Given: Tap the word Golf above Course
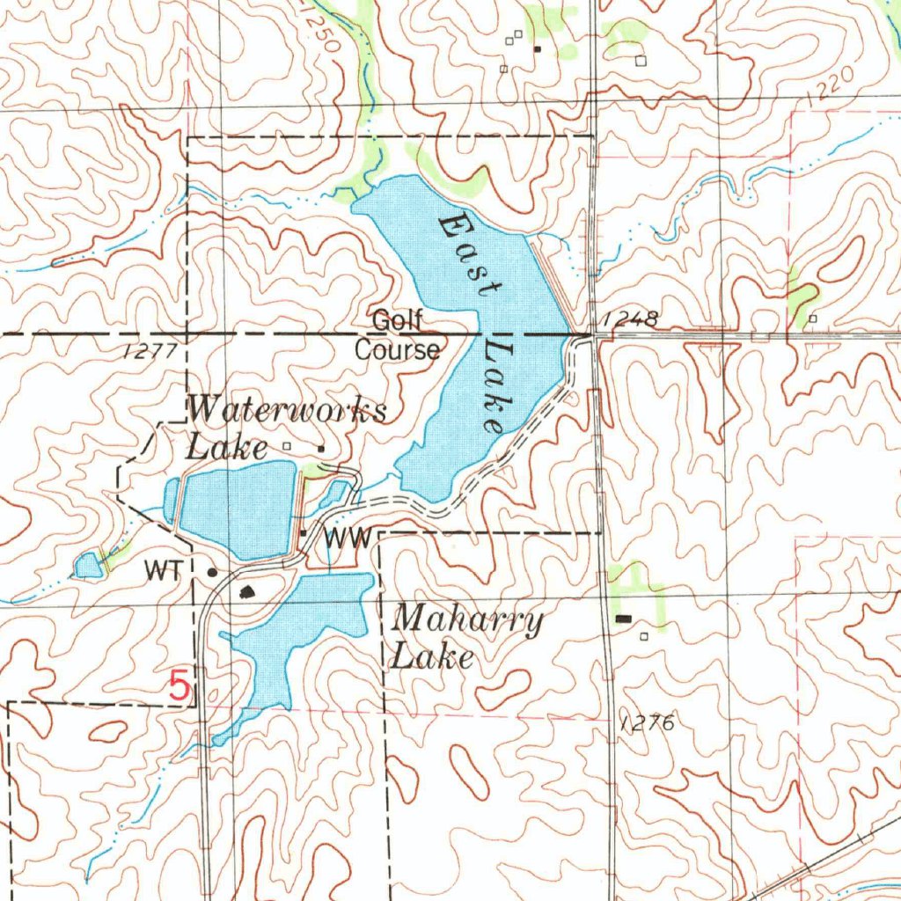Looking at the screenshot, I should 397,321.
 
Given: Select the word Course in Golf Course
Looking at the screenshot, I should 397,350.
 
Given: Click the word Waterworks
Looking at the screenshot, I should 287,411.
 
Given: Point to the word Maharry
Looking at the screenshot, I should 466,622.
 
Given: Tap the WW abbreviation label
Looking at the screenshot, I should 349,538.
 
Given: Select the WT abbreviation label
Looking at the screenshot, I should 164,571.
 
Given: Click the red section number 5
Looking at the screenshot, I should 179,686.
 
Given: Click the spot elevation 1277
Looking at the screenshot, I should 150,351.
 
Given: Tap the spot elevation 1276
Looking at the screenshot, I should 647,723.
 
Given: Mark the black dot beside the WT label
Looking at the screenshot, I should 211,572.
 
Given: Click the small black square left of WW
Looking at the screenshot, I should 304,533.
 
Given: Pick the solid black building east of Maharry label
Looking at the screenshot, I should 624,619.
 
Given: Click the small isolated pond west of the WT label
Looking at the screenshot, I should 87,566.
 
